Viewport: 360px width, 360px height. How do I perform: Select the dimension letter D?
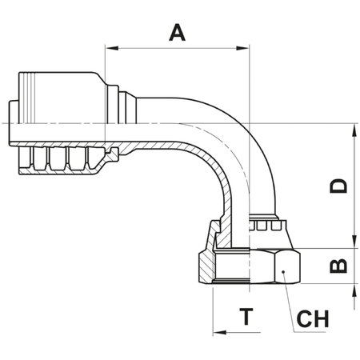coord(339,186)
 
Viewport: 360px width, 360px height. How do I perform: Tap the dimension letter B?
coord(339,263)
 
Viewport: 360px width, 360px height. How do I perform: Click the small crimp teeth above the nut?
coord(265,229)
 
